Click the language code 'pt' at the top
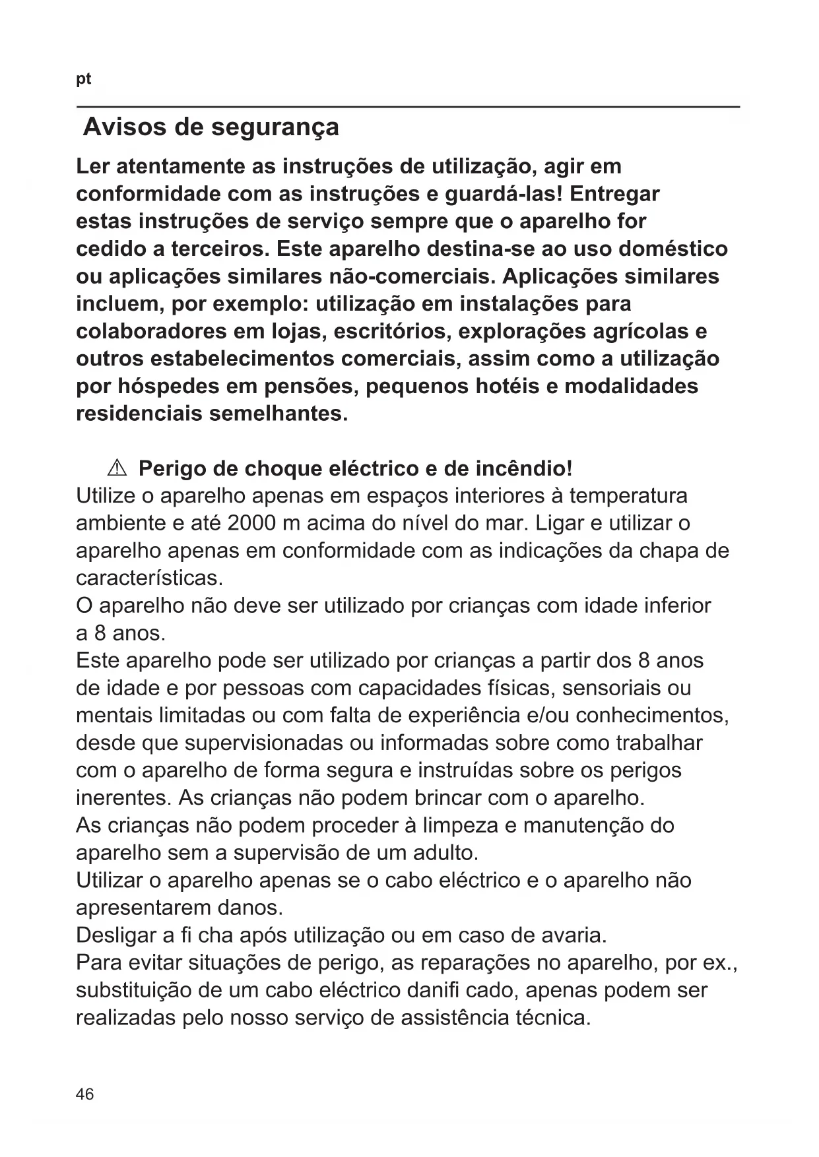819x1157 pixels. pyautogui.click(x=84, y=80)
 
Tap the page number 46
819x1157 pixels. pyautogui.click(x=85, y=1094)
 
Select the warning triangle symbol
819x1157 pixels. pyautogui.click(x=115, y=468)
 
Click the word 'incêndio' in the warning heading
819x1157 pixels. pyautogui.click(x=523, y=468)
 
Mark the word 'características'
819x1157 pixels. pyautogui.click(x=149, y=578)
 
